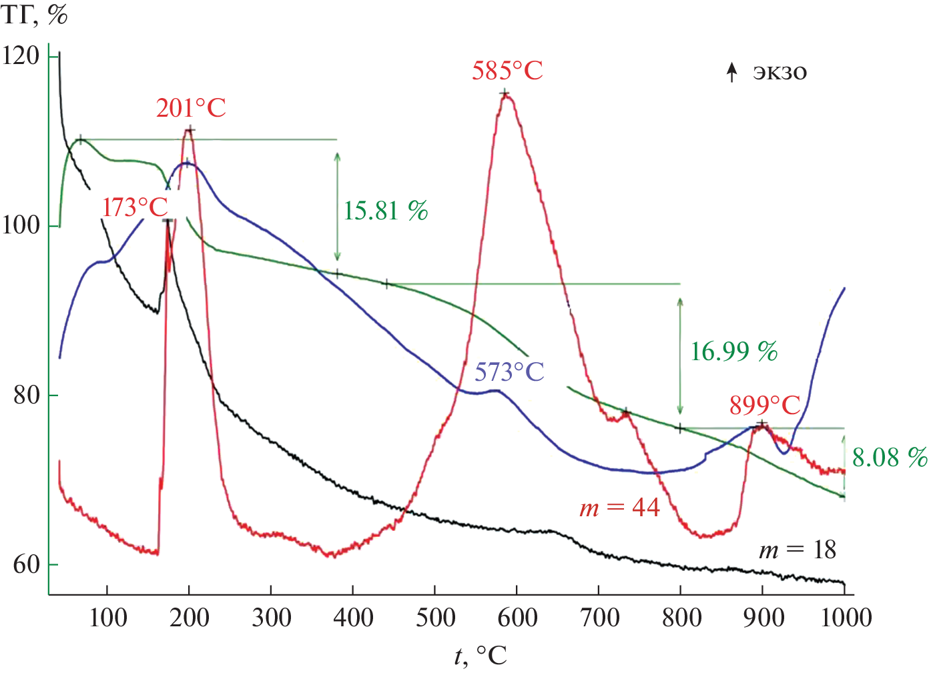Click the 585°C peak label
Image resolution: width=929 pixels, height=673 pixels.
507,71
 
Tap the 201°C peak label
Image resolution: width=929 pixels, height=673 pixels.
191,108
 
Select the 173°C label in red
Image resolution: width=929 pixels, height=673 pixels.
135,207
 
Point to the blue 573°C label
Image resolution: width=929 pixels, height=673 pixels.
509,372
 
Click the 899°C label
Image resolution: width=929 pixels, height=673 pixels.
764,405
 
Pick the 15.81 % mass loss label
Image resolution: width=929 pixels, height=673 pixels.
385,211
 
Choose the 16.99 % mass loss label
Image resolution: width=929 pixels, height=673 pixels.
733,352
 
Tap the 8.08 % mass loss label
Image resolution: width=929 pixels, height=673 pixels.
889,458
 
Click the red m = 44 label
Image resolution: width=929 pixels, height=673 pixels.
619,508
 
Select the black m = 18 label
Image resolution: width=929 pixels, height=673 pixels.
797,550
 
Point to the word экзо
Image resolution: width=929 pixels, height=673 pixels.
780,72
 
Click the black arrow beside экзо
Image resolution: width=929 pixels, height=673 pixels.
732,72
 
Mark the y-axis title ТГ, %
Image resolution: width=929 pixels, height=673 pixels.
35,15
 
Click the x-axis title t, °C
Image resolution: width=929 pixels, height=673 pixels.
481,656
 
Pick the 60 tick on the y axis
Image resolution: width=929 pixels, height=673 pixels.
27,565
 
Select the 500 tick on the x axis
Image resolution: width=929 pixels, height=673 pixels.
435,618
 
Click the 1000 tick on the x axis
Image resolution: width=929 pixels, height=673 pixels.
846,618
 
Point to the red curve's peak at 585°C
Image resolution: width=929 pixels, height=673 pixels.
505,94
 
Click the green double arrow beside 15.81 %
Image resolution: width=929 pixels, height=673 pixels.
337,206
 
